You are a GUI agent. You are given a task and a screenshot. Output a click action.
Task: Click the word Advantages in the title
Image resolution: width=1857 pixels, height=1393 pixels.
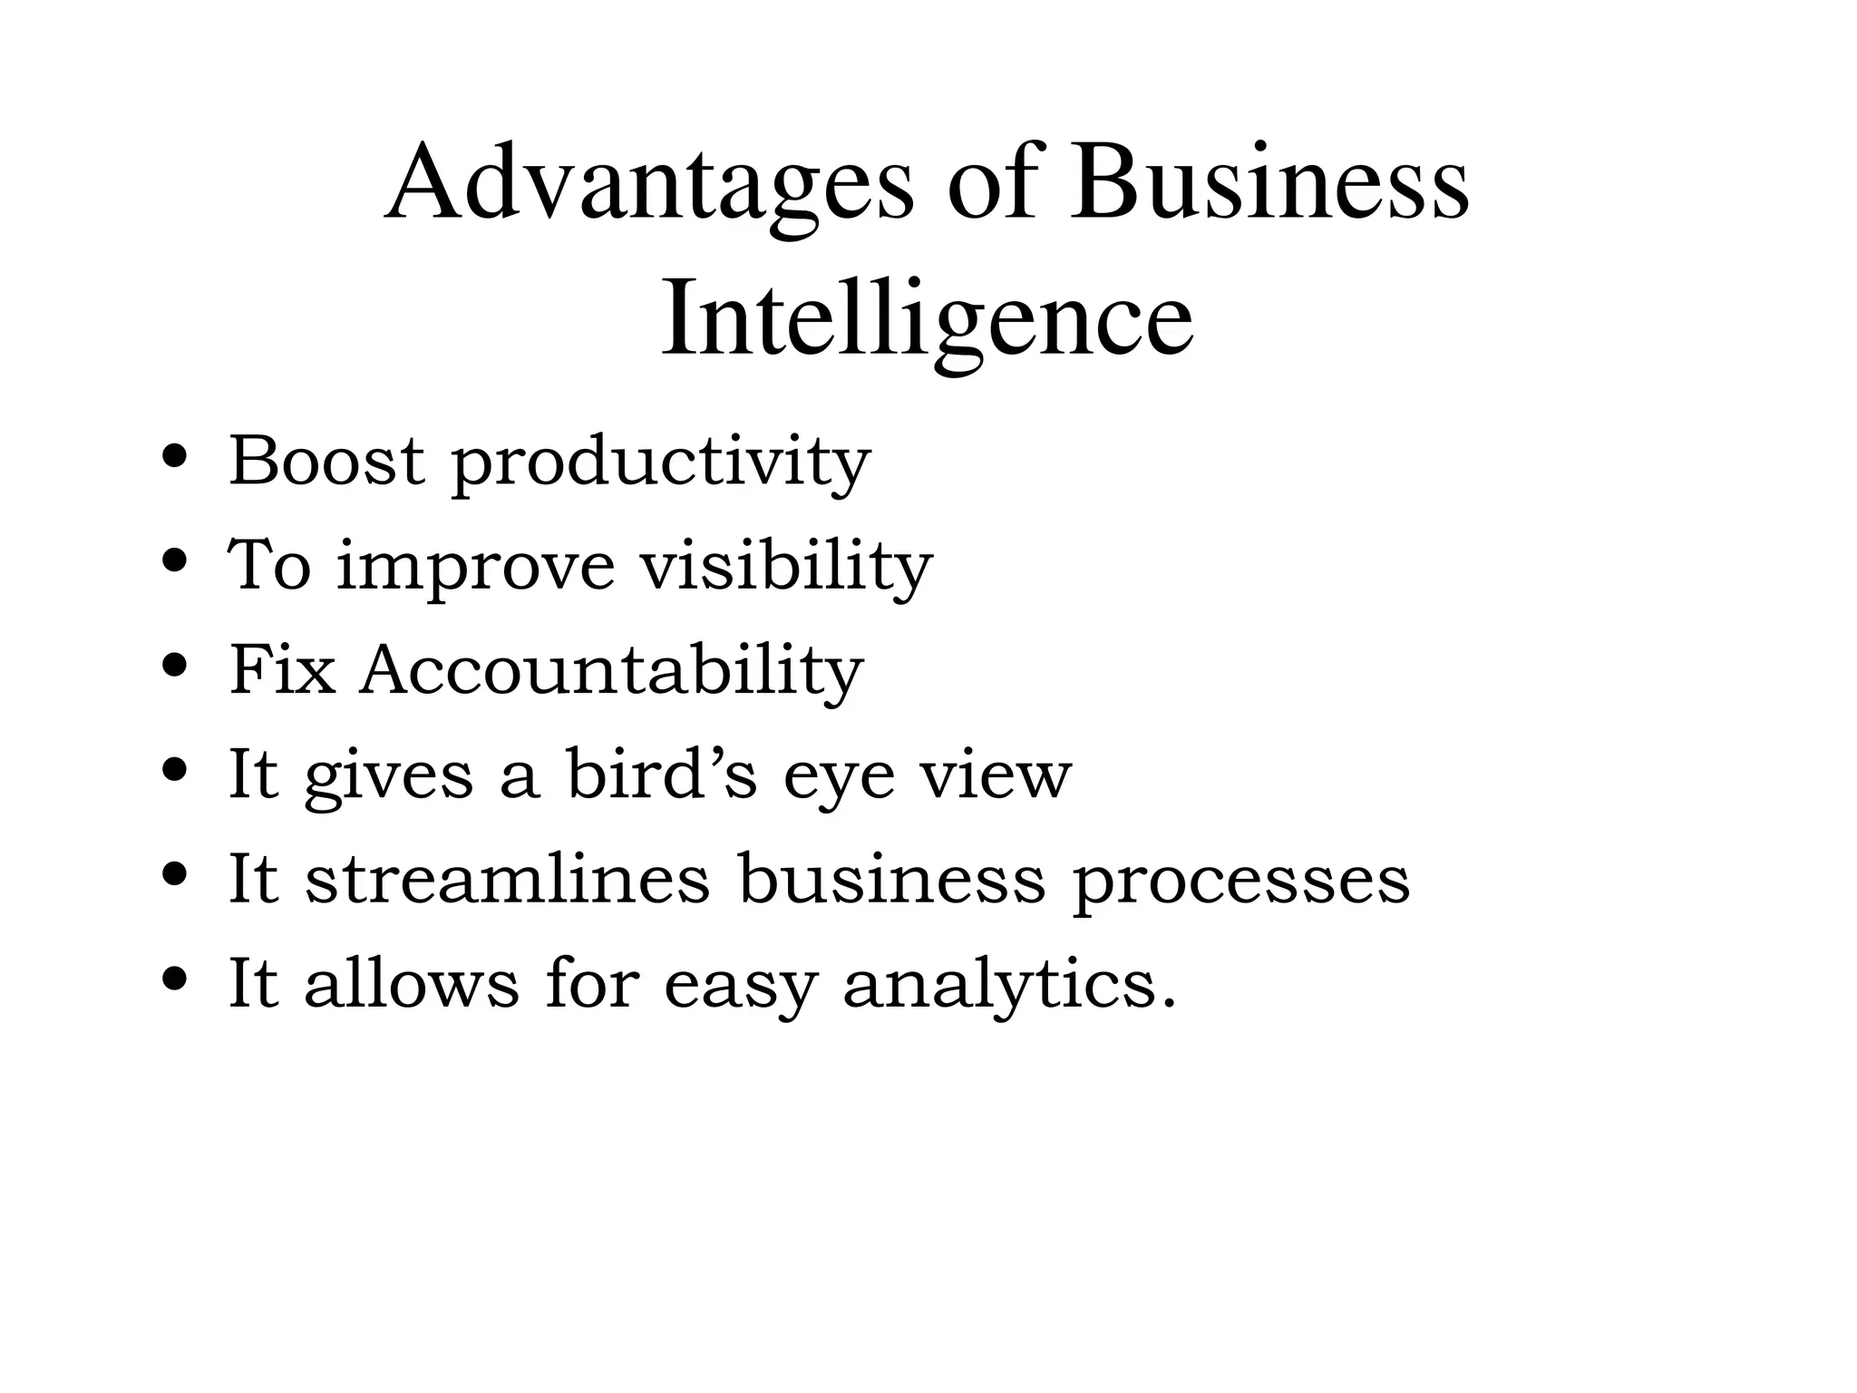pyautogui.click(x=649, y=186)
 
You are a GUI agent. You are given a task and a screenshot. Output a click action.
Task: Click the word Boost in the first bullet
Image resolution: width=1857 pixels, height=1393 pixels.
pyautogui.click(x=326, y=461)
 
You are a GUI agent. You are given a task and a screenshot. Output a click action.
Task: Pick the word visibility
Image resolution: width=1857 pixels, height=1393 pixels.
pyautogui.click(x=787, y=566)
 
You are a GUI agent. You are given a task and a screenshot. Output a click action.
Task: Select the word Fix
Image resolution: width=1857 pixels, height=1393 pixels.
pyautogui.click(x=282, y=670)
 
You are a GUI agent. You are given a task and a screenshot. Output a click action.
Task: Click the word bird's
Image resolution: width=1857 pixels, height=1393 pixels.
pyautogui.click(x=661, y=774)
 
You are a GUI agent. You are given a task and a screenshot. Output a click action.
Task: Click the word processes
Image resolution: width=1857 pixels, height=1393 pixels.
pyautogui.click(x=1241, y=882)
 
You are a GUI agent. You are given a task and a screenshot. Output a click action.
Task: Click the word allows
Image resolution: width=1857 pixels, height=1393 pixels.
pyautogui.click(x=412, y=983)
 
